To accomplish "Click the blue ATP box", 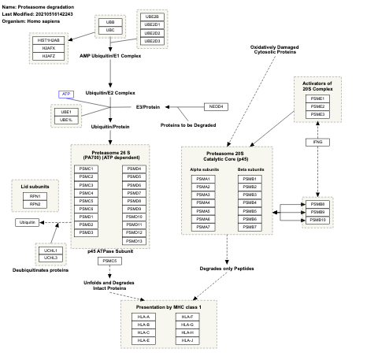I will [x=66, y=94].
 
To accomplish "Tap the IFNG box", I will [x=317, y=142].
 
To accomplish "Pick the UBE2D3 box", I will [x=152, y=40].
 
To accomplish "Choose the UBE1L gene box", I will [x=66, y=120].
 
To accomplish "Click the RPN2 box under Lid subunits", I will [x=34, y=204].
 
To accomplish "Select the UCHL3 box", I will [x=51, y=258].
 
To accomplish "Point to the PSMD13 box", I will [x=134, y=240].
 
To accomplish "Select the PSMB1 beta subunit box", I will [x=250, y=179].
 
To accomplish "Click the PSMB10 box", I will [x=317, y=220].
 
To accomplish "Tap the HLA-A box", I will [x=143, y=317].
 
